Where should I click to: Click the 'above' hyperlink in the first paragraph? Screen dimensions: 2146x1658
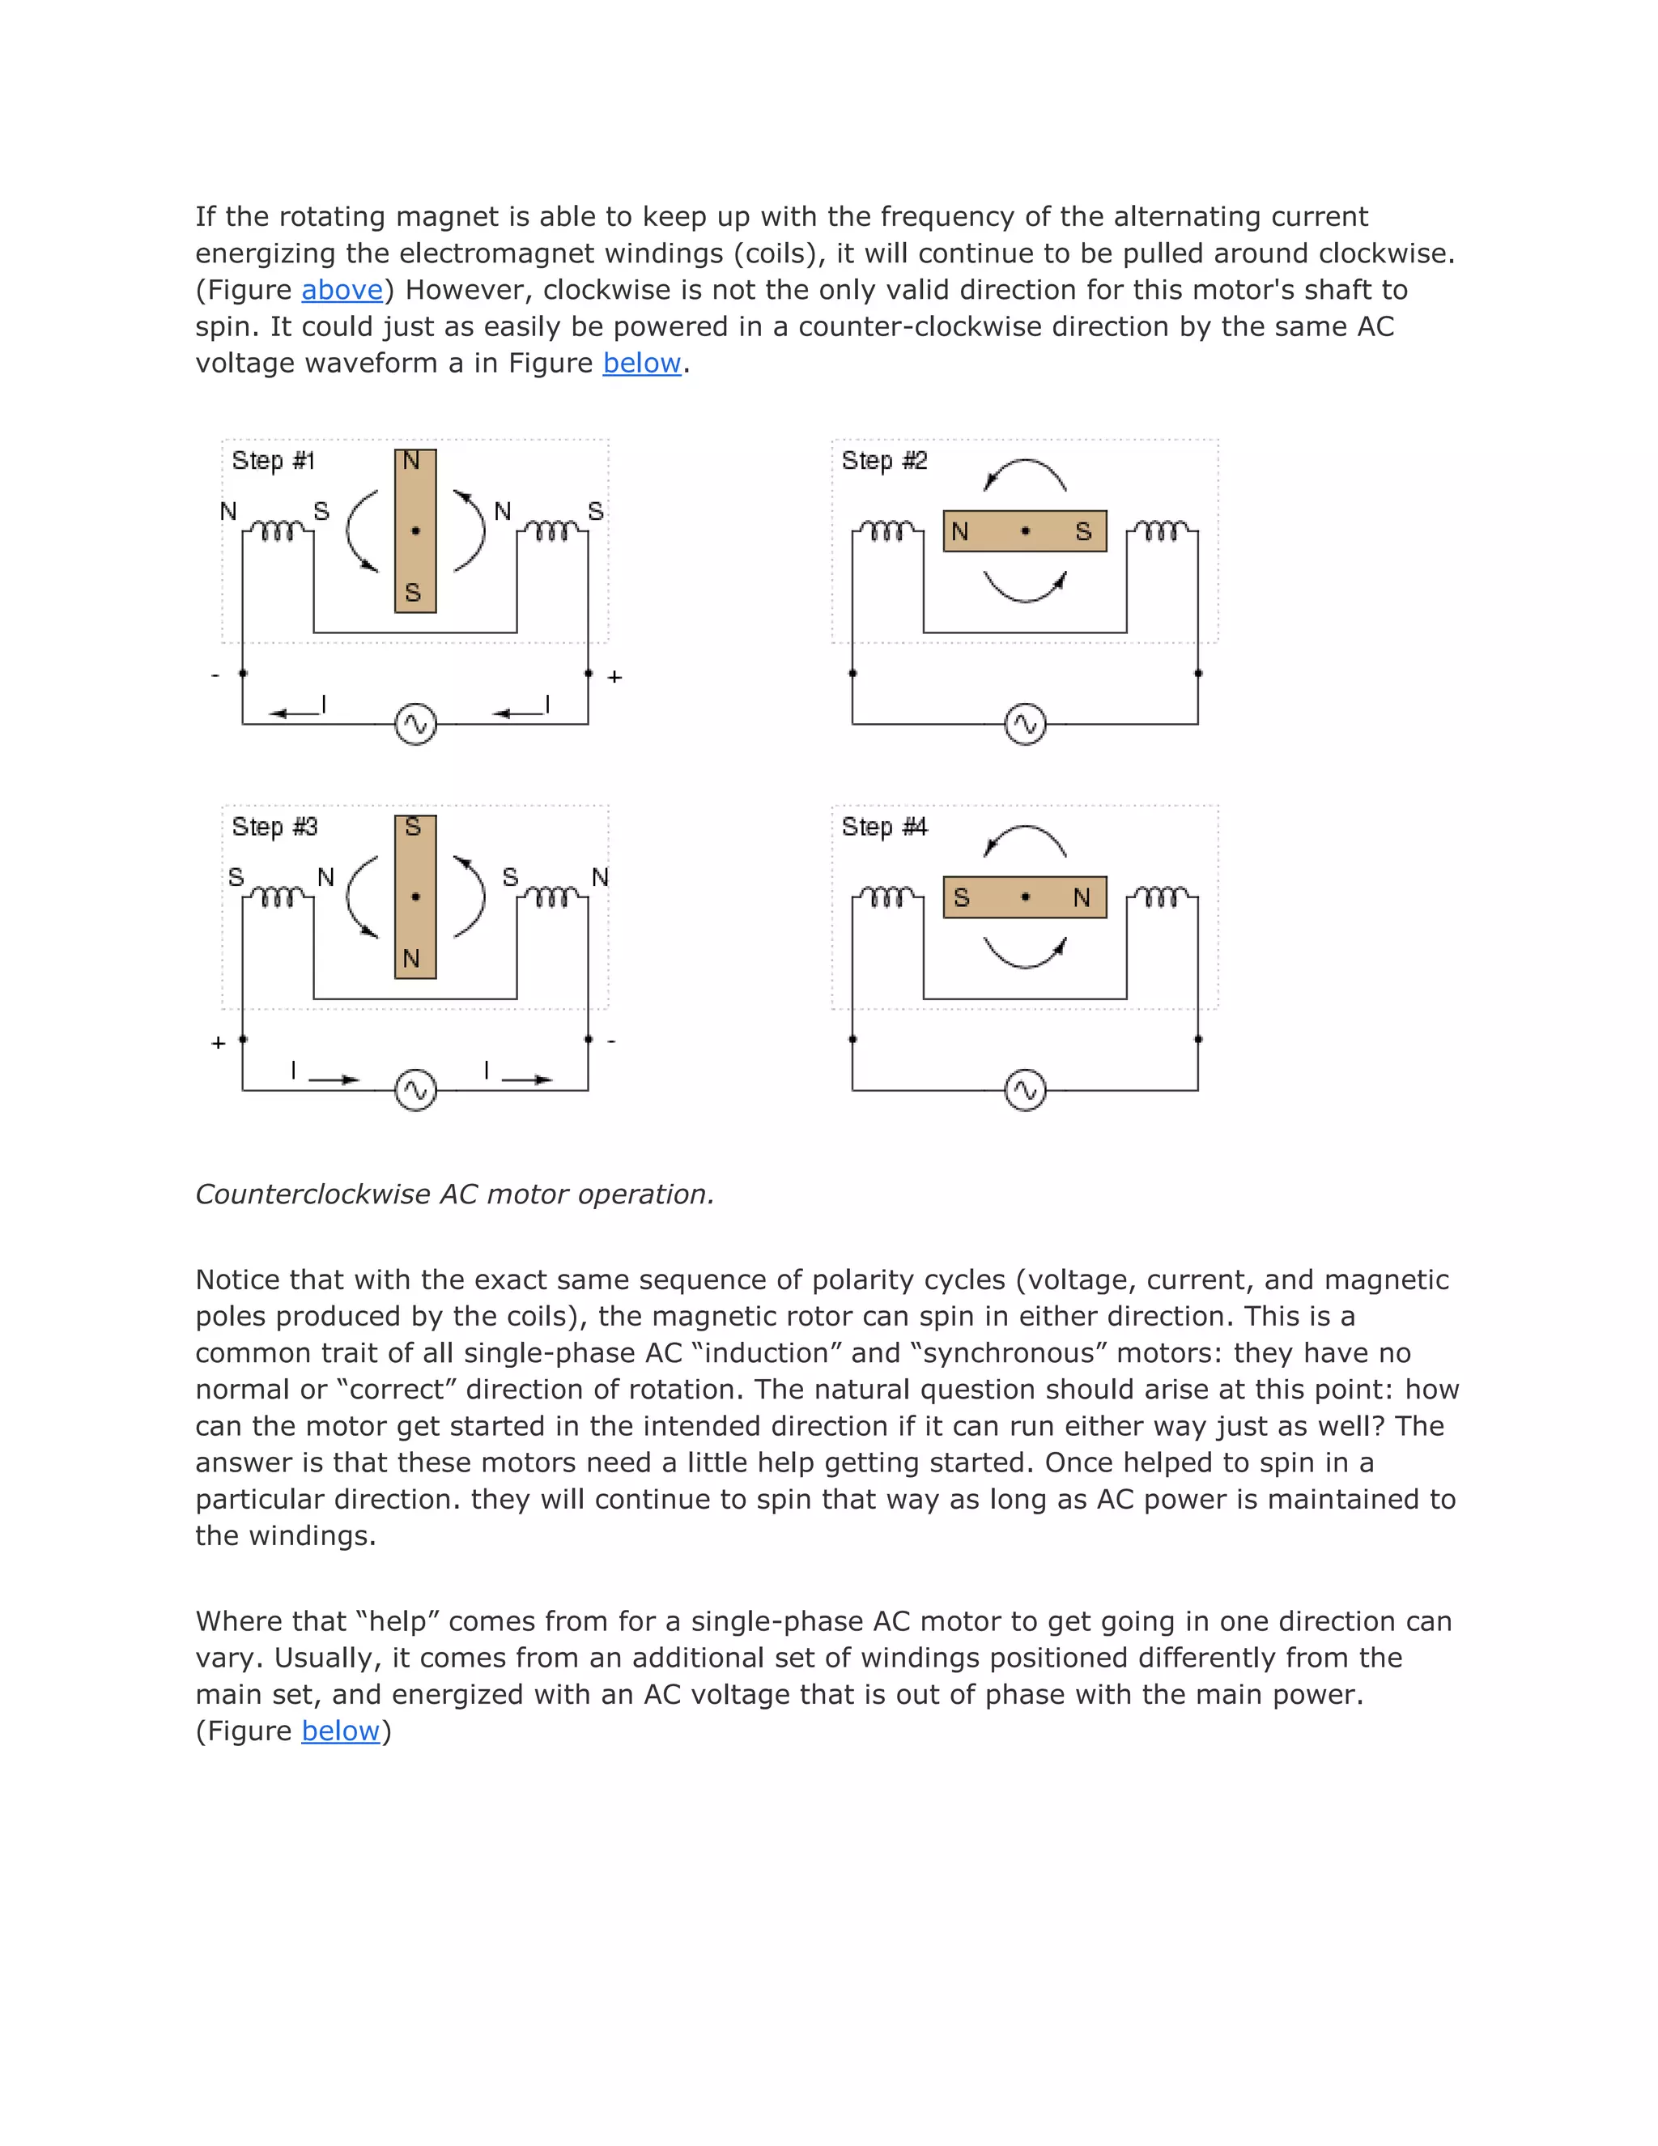point(342,290)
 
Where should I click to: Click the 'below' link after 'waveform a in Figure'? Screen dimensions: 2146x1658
point(641,364)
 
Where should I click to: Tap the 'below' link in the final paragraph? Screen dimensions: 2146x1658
point(340,1731)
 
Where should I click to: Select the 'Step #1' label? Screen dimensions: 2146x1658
point(273,461)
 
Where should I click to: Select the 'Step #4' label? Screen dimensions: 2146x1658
point(884,826)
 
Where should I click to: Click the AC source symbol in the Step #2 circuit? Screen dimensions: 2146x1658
point(1026,724)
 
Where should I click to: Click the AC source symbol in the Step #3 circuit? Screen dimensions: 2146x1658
point(415,1090)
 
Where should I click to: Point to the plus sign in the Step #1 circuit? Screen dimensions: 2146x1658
point(615,677)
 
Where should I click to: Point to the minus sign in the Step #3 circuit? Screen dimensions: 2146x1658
point(611,1041)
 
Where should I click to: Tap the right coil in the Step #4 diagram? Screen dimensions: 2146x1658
point(1162,897)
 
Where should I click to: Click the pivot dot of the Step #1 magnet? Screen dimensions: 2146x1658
point(415,530)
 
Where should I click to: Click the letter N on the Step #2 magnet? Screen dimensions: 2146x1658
point(959,531)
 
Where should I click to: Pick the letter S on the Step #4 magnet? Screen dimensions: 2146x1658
point(962,897)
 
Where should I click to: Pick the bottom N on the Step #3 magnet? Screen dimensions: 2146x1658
point(411,958)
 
